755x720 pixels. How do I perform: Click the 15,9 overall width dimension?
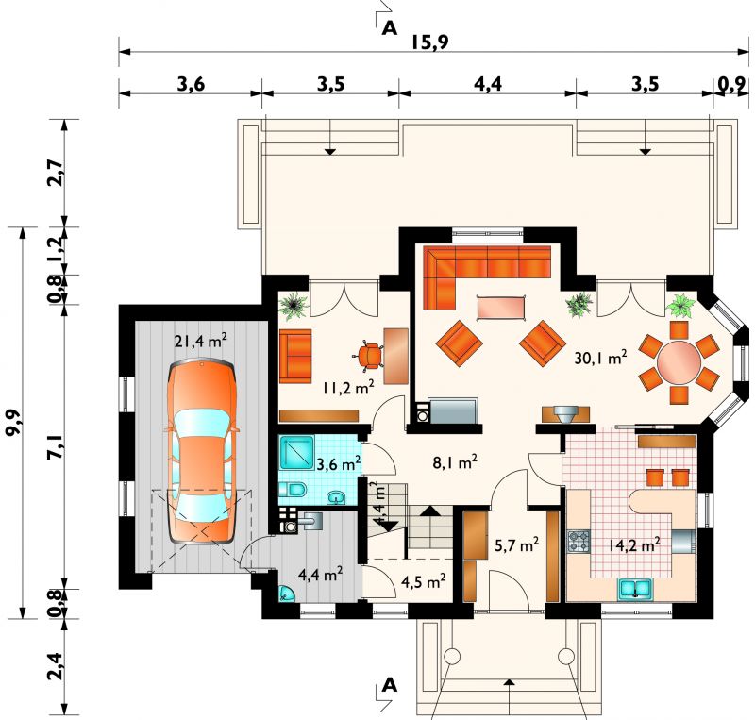pyautogui.click(x=429, y=42)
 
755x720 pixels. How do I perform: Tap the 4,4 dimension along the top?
pyautogui.click(x=488, y=84)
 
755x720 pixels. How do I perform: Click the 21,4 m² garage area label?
pyautogui.click(x=201, y=341)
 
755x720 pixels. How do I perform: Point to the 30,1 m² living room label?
pyautogui.click(x=600, y=358)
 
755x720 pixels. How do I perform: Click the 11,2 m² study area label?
pyautogui.click(x=348, y=388)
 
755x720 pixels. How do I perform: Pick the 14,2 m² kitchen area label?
pyautogui.click(x=633, y=544)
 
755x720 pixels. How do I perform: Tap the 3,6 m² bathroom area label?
pyautogui.click(x=339, y=464)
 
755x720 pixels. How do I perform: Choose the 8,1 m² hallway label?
pyautogui.click(x=455, y=463)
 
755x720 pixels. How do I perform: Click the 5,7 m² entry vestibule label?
pyautogui.click(x=516, y=544)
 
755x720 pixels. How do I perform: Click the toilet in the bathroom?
pyautogui.click(x=294, y=490)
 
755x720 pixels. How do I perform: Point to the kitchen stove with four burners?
pyautogui.click(x=579, y=541)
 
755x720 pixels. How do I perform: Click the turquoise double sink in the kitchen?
pyautogui.click(x=634, y=589)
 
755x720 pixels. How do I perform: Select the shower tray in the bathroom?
pyautogui.click(x=296, y=452)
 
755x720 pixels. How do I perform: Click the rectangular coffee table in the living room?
pyautogui.click(x=501, y=307)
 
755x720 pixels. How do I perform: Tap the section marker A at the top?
pyautogui.click(x=389, y=29)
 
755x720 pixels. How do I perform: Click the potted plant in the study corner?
pyautogui.click(x=294, y=305)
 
